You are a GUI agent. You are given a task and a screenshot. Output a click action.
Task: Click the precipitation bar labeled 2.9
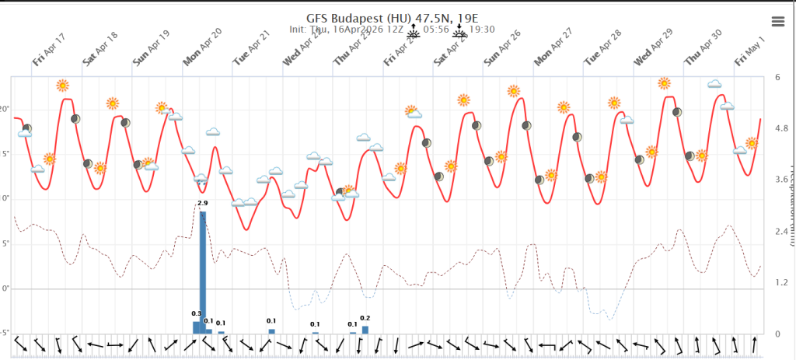coord(203,272)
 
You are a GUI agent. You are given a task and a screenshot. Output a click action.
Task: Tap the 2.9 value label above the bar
coord(203,203)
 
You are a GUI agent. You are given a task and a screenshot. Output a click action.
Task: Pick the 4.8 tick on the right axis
coord(781,128)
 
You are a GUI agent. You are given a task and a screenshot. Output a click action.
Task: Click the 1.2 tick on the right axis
coord(781,282)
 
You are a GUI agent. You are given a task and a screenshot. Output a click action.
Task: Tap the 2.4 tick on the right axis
coord(781,231)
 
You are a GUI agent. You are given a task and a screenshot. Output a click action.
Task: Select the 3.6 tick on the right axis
coord(781,180)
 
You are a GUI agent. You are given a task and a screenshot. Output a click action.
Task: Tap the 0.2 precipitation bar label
coord(365,318)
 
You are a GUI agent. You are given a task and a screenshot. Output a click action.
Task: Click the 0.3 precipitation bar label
coord(196,313)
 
